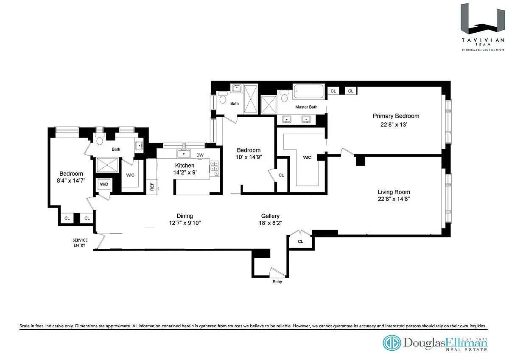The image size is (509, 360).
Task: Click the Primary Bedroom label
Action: [x=396, y=116]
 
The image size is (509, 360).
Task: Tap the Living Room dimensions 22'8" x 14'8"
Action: [x=394, y=199]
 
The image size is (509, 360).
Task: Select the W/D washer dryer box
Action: [x=104, y=185]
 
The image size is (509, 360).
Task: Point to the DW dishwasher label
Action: [x=200, y=155]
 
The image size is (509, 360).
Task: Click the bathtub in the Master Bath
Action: [x=309, y=92]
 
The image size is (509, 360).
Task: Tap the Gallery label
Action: [x=270, y=216]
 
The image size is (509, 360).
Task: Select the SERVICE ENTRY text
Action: [x=80, y=243]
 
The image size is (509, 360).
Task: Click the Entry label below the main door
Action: [x=277, y=282]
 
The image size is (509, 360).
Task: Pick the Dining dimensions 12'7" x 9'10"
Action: [x=185, y=223]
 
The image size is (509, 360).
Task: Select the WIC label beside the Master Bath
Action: [x=307, y=157]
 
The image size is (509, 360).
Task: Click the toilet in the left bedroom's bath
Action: [x=100, y=141]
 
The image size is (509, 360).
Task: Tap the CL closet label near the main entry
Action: [x=300, y=242]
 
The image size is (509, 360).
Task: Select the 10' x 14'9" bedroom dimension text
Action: [x=249, y=157]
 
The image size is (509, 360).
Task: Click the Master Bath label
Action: [x=307, y=107]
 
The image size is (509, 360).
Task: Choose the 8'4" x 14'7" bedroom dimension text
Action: [x=71, y=180]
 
